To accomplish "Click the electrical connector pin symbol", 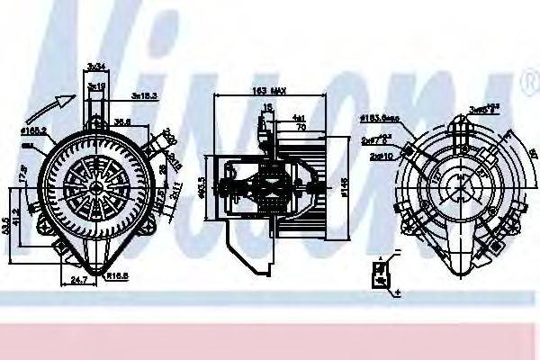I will pyautogui.click(x=383, y=272).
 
